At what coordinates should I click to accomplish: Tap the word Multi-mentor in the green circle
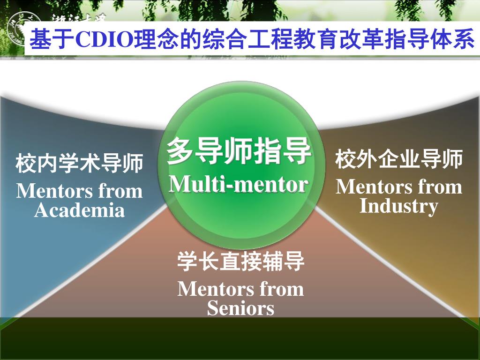pos(239,184)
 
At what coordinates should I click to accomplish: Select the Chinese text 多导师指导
pos(239,151)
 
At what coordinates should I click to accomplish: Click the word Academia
pos(80,210)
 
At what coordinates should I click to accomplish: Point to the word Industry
pos(398,206)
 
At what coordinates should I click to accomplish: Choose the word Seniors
pos(240,308)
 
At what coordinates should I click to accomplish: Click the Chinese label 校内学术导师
pos(80,164)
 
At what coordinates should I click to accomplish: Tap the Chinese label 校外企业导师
pos(399,160)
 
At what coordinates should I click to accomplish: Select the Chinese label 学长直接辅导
pos(241,262)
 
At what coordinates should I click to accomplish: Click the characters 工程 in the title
pos(269,40)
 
